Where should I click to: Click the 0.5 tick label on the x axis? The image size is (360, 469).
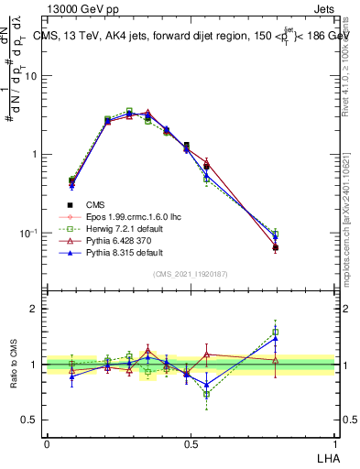coord(191,444)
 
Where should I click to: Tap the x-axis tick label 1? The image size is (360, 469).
coord(333,444)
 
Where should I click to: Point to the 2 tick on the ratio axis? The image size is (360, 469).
coord(34,309)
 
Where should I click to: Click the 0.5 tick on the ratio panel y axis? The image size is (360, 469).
coord(29,420)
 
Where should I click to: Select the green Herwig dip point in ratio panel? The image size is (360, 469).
coord(207,395)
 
